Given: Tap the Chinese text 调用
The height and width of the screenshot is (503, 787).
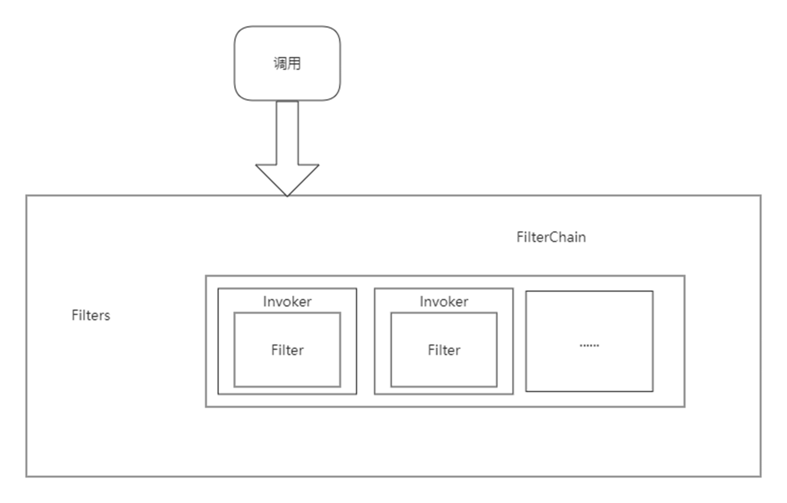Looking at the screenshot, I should pos(287,63).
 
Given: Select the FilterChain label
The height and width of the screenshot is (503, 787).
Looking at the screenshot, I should pos(551,237).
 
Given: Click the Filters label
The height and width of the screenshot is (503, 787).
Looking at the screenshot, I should pos(91,315).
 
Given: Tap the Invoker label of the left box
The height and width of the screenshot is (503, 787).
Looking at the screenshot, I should pos(287,302).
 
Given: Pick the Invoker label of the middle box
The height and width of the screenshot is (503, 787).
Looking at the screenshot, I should pos(444,302).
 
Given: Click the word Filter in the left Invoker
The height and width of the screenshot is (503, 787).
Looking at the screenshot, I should pos(287,350).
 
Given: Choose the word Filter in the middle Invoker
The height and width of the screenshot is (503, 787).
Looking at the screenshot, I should pos(444,350).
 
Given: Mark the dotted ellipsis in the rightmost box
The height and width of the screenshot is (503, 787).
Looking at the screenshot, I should pos(589,346).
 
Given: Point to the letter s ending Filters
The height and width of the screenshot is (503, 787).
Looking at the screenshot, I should pos(107,316).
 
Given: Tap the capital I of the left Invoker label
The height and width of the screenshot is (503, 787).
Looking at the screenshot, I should pos(265,302).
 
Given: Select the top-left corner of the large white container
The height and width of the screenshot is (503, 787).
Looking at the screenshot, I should pos(27,196).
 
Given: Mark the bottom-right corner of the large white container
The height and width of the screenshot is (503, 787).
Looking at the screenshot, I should pos(760,475).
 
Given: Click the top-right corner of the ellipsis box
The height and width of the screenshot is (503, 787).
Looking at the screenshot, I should pos(653,292).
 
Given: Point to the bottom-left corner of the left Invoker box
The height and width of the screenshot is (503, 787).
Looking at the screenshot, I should pos(218,393).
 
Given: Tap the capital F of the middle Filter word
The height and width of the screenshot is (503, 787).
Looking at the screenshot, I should pos(431,350).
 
